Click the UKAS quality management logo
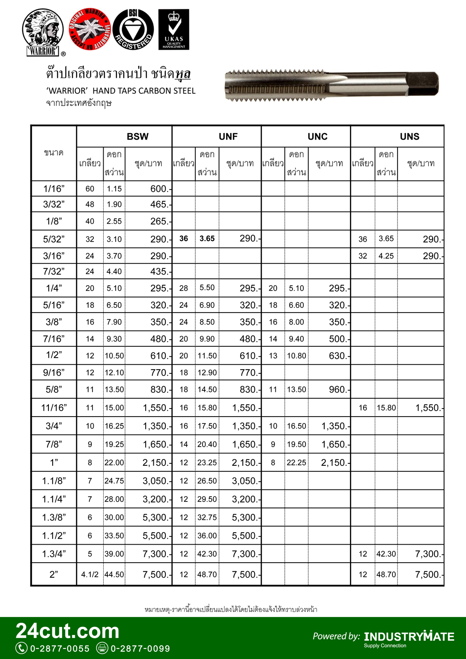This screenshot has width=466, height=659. tap(173, 29)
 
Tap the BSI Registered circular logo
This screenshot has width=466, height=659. tap(133, 29)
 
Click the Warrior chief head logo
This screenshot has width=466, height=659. tap(43, 32)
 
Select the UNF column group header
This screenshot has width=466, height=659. tap(228, 137)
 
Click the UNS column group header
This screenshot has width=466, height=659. tap(409, 137)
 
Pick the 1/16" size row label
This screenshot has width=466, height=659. tap(54, 189)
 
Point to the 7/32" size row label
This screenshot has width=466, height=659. tap(54, 271)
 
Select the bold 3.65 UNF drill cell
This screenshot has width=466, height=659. tap(207, 239)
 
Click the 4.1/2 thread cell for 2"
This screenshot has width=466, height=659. tap(90, 575)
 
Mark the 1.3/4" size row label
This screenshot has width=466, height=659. tap(54, 554)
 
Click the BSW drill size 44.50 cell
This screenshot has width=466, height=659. tap(114, 575)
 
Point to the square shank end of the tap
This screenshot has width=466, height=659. tap(422, 84)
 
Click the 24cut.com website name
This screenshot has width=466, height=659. tap(67, 631)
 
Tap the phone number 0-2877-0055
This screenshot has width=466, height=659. tap(60, 649)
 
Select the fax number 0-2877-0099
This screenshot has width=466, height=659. tap(140, 649)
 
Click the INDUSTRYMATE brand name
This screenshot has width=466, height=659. tap(409, 637)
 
